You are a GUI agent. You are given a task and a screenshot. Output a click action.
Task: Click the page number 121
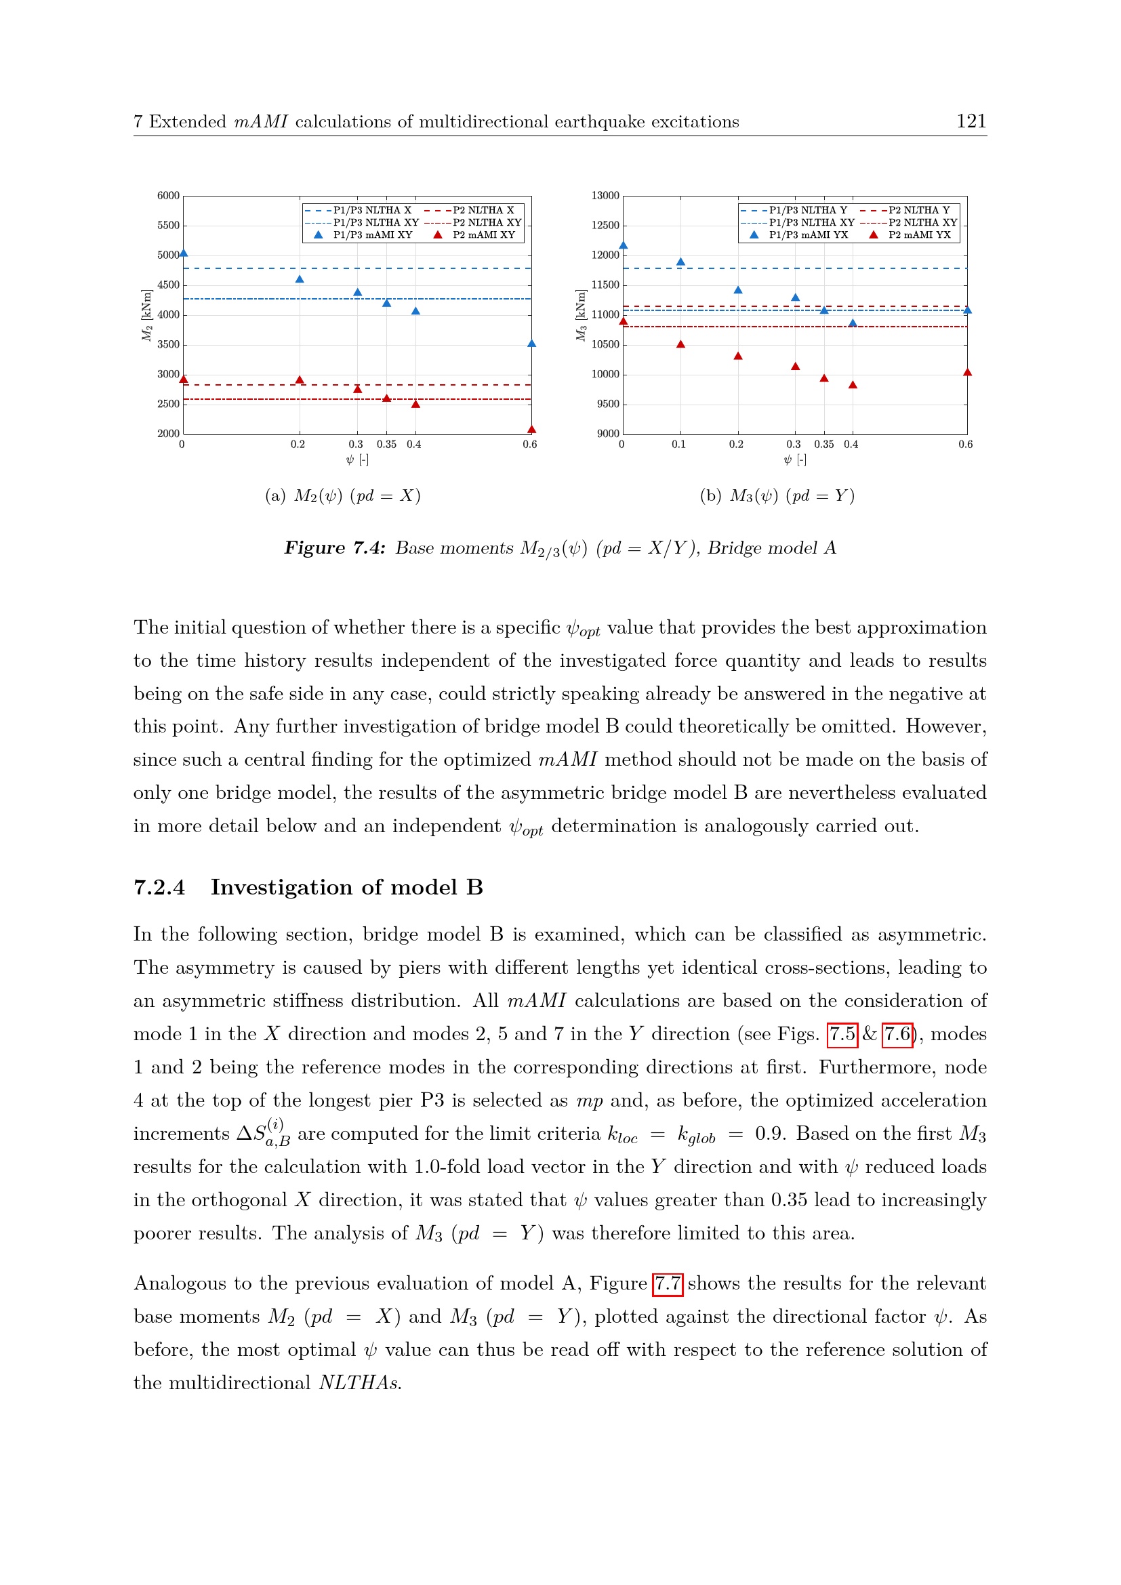(x=971, y=121)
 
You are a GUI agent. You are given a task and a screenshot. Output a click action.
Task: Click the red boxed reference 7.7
(x=668, y=1283)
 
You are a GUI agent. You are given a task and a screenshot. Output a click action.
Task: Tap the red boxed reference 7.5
(x=842, y=1034)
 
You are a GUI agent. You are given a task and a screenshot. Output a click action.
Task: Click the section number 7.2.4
(x=159, y=887)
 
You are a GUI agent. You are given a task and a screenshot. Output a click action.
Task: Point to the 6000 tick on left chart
(x=169, y=196)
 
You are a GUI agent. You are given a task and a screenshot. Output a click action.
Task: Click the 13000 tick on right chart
(x=605, y=196)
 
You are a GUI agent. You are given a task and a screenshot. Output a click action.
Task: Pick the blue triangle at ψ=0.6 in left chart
(x=531, y=344)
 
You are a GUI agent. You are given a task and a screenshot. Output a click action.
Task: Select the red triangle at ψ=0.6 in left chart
(x=531, y=430)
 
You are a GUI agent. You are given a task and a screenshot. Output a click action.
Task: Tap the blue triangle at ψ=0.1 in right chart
(x=680, y=262)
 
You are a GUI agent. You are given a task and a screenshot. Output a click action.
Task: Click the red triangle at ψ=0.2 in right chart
(x=738, y=356)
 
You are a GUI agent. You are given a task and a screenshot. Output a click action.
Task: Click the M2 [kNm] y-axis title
(x=146, y=316)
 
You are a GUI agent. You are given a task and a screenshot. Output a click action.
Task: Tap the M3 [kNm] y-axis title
(x=582, y=316)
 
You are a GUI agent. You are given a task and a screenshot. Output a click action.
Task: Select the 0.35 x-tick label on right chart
(x=823, y=445)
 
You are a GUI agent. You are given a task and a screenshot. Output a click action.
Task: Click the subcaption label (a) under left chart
(x=274, y=495)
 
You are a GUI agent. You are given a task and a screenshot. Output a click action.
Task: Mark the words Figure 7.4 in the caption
(x=335, y=548)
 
